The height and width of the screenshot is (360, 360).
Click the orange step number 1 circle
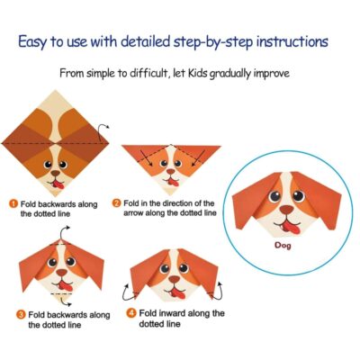pyautogui.click(x=13, y=204)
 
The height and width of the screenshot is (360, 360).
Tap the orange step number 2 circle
pyautogui.click(x=116, y=203)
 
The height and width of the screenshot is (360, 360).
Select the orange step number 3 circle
pyautogui.click(x=21, y=315)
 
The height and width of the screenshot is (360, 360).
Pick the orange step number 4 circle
pyautogui.click(x=131, y=313)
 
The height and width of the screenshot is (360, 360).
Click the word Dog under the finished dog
pyautogui.click(x=283, y=246)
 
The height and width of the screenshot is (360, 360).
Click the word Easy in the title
pyautogui.click(x=32, y=41)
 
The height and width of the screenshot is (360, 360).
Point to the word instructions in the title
pyautogui.click(x=292, y=41)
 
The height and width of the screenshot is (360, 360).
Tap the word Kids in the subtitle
pyautogui.click(x=197, y=73)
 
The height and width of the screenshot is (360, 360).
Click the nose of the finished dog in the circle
pyautogui.click(x=287, y=210)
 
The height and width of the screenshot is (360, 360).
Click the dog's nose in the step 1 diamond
pyautogui.click(x=55, y=173)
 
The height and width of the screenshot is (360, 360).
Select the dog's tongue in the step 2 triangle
pyautogui.click(x=173, y=182)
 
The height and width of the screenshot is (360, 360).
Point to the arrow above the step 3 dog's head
pyautogui.click(x=64, y=232)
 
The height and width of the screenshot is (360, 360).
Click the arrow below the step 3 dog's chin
pyautogui.click(x=65, y=301)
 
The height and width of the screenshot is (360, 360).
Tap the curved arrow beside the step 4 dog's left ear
pyautogui.click(x=127, y=292)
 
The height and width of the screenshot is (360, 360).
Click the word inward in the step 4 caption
pyautogui.click(x=172, y=313)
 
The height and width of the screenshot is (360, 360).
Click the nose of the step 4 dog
pyautogui.click(x=175, y=279)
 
